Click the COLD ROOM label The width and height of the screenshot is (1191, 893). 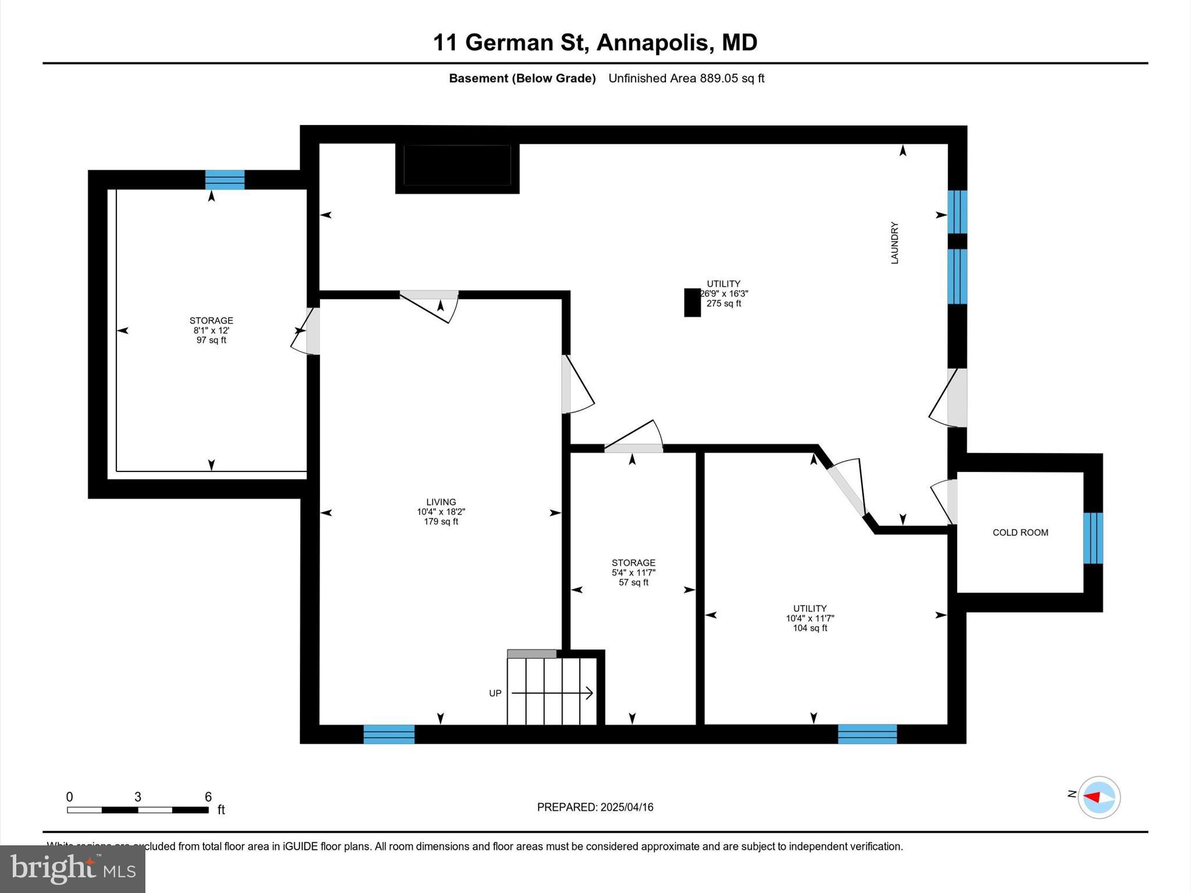(x=1020, y=533)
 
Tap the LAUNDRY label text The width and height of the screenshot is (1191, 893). (x=894, y=243)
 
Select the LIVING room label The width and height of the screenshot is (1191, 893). (x=441, y=502)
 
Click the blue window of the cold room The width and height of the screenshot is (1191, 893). (x=1093, y=538)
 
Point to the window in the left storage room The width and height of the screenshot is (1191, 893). (x=224, y=180)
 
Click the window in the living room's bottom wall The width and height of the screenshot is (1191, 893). (x=389, y=734)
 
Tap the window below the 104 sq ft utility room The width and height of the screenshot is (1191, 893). (x=867, y=734)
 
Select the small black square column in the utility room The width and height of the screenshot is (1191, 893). (x=692, y=302)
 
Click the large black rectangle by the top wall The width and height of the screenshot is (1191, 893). (x=457, y=166)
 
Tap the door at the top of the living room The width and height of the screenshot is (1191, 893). (x=429, y=302)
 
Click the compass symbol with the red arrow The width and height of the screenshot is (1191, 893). (x=1099, y=797)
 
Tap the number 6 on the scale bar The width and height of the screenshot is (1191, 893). (x=208, y=797)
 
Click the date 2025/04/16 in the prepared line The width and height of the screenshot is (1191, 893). (x=627, y=807)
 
